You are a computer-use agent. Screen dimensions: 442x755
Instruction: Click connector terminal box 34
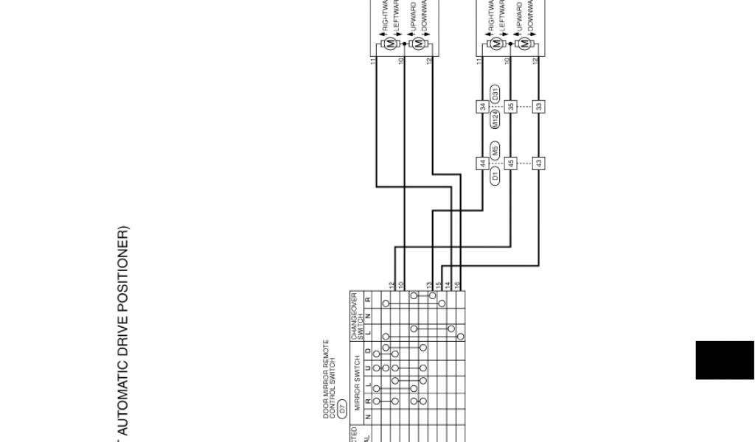coord(483,107)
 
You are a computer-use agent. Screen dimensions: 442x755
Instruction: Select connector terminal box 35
coord(511,107)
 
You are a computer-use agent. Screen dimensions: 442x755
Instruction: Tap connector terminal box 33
coord(539,107)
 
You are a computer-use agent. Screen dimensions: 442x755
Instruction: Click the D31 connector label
coord(495,94)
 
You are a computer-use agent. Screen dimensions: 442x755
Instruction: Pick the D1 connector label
coord(495,175)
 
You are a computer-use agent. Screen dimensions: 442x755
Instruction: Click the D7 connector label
coord(341,385)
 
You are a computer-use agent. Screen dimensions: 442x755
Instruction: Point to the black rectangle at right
coord(725,360)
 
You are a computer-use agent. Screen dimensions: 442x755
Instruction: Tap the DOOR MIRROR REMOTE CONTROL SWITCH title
coord(330,379)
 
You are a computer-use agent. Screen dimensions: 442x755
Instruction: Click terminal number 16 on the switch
coord(458,284)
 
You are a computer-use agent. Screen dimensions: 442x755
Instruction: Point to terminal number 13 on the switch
coord(429,284)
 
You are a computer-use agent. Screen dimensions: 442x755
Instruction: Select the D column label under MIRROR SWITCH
coord(366,351)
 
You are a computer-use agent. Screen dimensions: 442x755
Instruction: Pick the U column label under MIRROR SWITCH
coord(366,367)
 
